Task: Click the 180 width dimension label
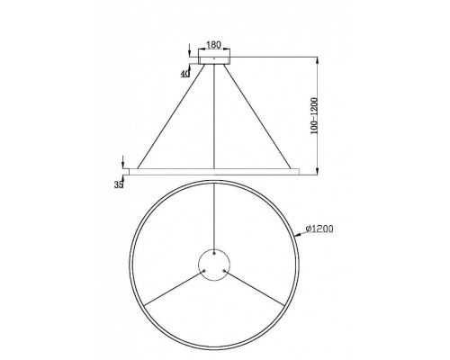(x=213, y=42)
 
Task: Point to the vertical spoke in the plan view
(x=213, y=216)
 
